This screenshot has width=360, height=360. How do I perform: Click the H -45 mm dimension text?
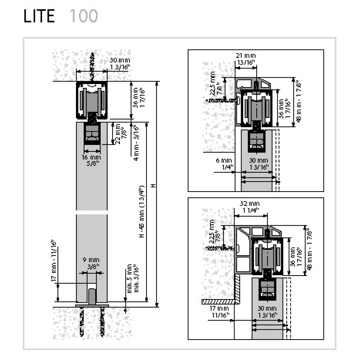click(142, 211)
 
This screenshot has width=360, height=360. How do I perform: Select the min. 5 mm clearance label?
click(129, 279)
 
